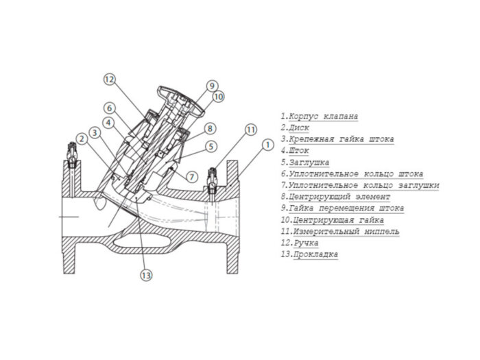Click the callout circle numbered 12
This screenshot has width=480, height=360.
109,79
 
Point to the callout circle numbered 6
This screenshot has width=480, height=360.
109,108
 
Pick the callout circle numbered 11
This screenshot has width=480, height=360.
251,129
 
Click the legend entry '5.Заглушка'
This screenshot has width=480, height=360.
305,163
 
